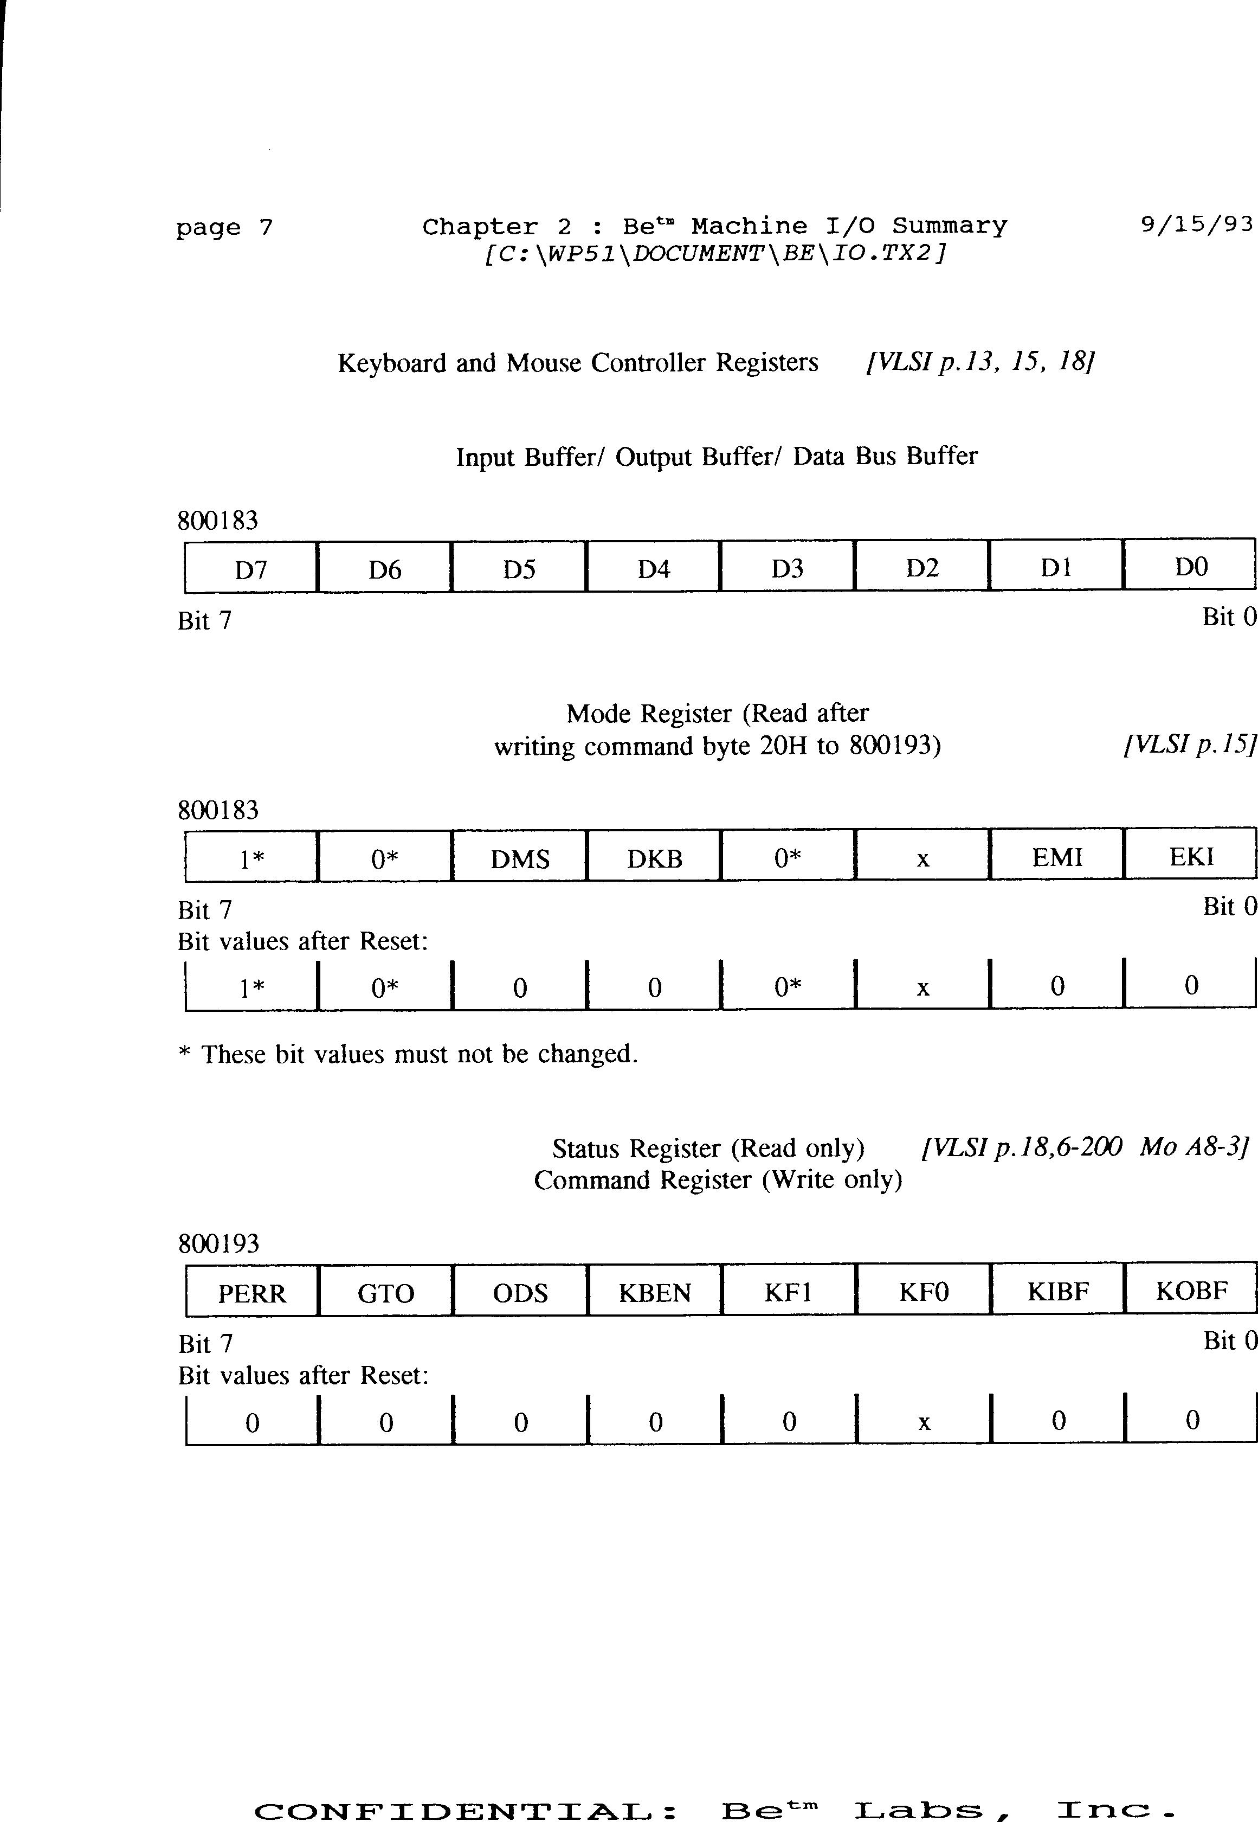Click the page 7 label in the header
224,228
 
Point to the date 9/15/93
1196,224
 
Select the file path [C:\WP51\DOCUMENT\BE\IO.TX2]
715,253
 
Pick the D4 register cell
654,568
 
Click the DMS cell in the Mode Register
519,858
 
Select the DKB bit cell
654,858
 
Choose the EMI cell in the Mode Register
1057,856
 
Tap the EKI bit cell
1191,856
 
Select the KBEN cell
654,1293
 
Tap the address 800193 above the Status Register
218,1244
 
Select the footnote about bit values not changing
408,1054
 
